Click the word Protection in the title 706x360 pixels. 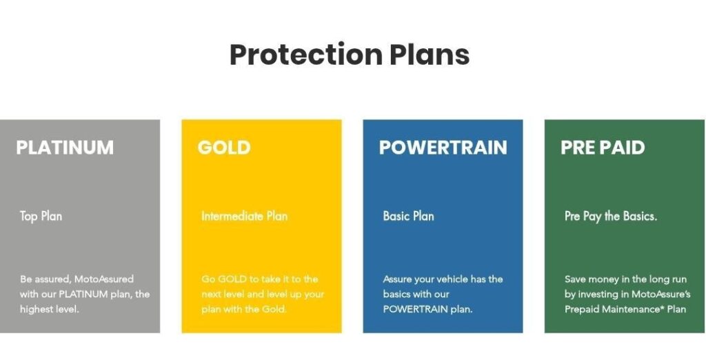pyautogui.click(x=306, y=54)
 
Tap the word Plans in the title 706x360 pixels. pyautogui.click(x=430, y=54)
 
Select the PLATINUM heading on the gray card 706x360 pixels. pyautogui.click(x=65, y=148)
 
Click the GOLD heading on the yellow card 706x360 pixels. pyautogui.click(x=224, y=148)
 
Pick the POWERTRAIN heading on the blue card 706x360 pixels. pyautogui.click(x=443, y=148)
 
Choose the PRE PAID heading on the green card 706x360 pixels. pyautogui.click(x=603, y=148)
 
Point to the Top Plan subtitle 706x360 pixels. pyautogui.click(x=41, y=217)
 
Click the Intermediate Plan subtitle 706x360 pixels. pyautogui.click(x=245, y=217)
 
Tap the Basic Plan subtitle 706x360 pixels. pyautogui.click(x=408, y=217)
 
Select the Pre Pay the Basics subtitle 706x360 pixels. pyautogui.click(x=611, y=217)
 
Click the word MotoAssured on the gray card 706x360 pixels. pyautogui.click(x=104, y=279)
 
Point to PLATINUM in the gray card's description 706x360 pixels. pyautogui.click(x=83, y=294)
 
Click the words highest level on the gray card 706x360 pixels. pyautogui.click(x=49, y=310)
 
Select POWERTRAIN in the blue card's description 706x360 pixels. pyautogui.click(x=416, y=310)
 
